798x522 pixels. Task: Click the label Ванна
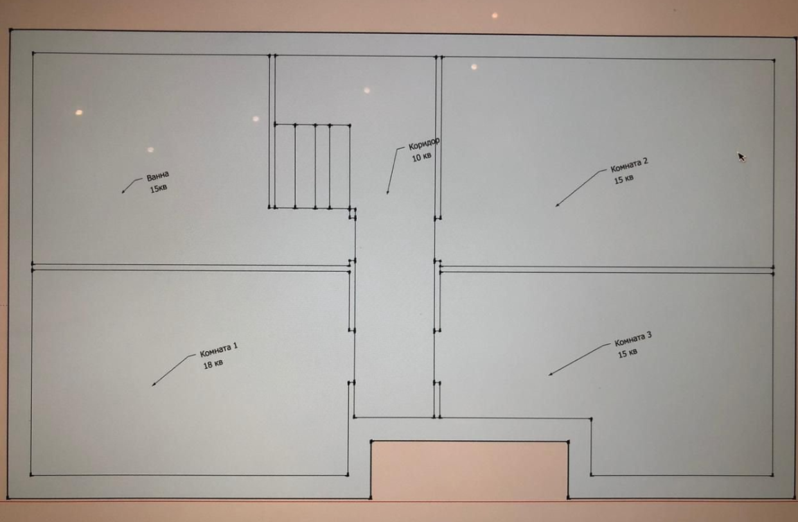(157, 176)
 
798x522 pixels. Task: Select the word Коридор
(424, 143)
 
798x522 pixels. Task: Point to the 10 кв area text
(421, 157)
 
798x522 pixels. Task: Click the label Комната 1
(218, 350)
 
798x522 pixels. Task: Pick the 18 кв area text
(213, 364)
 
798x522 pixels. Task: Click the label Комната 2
(629, 165)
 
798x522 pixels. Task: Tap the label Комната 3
(632, 339)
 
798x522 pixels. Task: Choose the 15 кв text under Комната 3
(627, 353)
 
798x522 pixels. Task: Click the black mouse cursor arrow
(741, 157)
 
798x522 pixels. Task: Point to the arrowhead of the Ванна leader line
(123, 192)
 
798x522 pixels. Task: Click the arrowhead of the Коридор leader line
(388, 192)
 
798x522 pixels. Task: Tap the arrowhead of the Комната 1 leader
(154, 385)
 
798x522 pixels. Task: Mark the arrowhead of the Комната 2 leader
(557, 205)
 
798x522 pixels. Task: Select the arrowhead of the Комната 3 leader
(550, 374)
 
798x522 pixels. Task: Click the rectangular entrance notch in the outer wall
(469, 469)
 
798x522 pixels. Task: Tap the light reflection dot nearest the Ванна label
(150, 150)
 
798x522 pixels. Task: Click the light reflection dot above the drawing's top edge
(495, 16)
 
